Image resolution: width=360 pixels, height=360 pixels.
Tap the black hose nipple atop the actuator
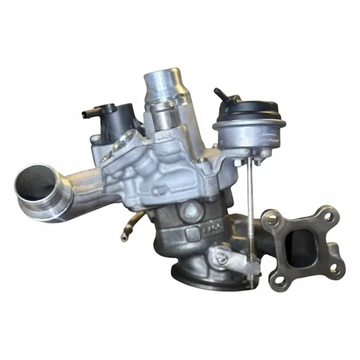pyautogui.click(x=220, y=94)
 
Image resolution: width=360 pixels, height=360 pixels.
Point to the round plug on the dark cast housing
pyautogui.click(x=193, y=210)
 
